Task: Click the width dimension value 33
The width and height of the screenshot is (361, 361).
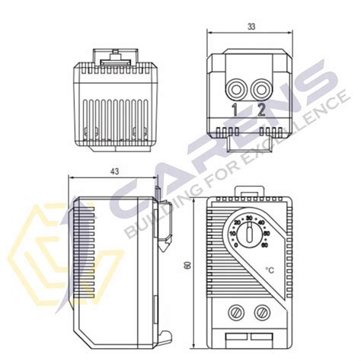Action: pos(251,26)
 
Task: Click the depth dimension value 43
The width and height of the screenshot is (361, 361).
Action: pos(115,172)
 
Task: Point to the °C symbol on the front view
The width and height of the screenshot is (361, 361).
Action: pos(270,269)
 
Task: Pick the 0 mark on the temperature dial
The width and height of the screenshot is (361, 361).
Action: pos(237,244)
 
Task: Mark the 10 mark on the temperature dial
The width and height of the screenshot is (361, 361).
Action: pos(232,233)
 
